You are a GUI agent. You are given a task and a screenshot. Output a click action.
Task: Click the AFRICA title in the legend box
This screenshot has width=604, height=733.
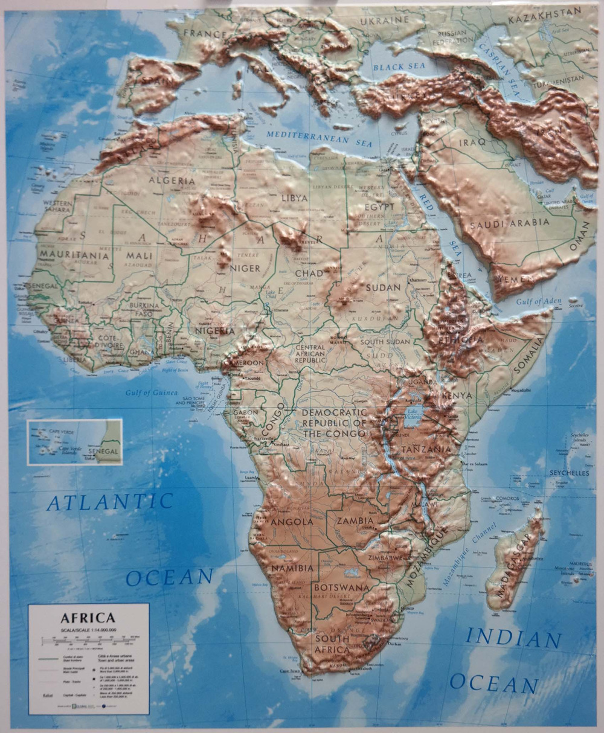pos(87,618)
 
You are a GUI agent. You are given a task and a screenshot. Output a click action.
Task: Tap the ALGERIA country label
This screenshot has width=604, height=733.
pos(172,181)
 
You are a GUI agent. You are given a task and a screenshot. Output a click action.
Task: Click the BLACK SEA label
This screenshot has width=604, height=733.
pos(399,66)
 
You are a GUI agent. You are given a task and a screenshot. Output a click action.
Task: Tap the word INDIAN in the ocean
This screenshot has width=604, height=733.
pos(513,638)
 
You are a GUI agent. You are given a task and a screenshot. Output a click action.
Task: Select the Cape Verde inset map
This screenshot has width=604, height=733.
pos(74,442)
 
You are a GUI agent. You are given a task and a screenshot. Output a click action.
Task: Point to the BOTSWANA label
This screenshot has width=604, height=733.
pos(341,587)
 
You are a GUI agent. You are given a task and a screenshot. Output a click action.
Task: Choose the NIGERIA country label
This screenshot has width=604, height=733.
pos(214,331)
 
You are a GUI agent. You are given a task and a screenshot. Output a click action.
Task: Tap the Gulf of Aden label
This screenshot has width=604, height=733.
pos(539,301)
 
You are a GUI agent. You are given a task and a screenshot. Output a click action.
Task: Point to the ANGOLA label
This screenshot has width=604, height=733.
pos(292,521)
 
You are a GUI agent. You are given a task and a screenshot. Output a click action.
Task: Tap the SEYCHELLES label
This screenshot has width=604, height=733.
pos(569,473)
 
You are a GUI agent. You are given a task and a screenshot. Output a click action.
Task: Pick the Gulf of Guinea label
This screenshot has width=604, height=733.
pos(152,392)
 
